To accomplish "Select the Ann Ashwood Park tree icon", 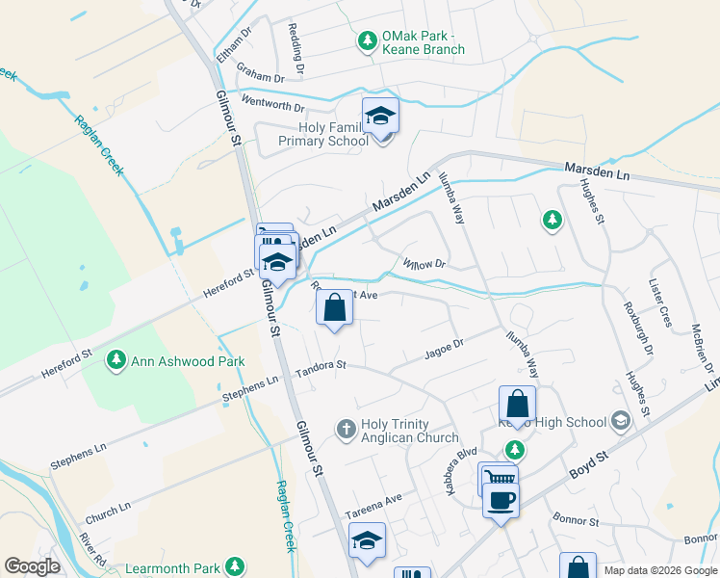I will [x=116, y=360].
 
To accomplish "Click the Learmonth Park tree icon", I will [x=233, y=565].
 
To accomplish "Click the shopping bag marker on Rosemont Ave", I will [x=334, y=309].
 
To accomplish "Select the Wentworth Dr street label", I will [x=272, y=103].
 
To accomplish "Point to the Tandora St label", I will [x=320, y=370].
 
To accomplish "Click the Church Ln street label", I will [x=107, y=510].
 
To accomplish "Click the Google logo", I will [x=32, y=566].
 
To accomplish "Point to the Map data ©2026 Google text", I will [x=659, y=570].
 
